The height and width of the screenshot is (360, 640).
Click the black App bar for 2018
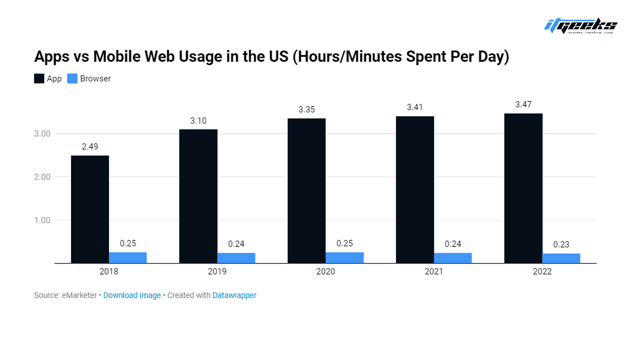[90, 210]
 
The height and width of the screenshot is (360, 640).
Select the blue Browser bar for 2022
[561, 258]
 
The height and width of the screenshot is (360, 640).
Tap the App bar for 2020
[306, 191]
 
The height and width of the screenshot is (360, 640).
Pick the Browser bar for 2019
[236, 258]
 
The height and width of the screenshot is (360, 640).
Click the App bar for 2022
[524, 188]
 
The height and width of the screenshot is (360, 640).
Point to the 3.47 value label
[524, 104]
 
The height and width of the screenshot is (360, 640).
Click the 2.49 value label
[90, 146]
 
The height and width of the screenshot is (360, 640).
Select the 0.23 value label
[561, 244]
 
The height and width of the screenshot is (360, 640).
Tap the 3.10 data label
[198, 121]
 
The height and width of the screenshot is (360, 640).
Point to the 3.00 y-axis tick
[42, 134]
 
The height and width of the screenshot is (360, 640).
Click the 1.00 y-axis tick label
[42, 220]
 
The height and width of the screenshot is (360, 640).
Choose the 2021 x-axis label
[434, 272]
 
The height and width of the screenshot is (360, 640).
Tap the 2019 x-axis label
[217, 272]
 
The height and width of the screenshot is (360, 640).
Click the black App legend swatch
[39, 78]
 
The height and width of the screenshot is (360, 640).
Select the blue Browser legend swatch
[72, 78]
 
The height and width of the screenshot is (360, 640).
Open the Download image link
[132, 295]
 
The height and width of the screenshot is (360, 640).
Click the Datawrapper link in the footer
[234, 295]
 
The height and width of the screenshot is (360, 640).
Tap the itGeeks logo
[580, 26]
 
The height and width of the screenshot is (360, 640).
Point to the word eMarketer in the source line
[80, 295]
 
